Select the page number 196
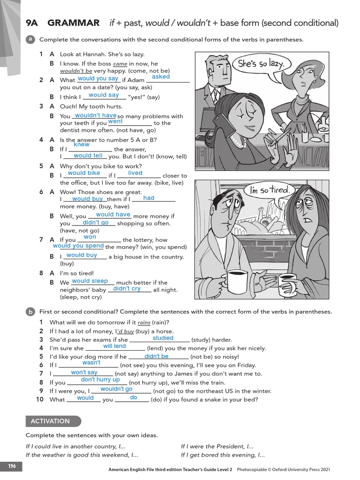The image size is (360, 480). (x=12, y=465)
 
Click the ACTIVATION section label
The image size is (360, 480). (x=50, y=421)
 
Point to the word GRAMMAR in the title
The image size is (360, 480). (x=74, y=23)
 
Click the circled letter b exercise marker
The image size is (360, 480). (x=30, y=312)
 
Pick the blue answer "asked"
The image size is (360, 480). (x=161, y=77)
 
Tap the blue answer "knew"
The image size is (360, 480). (x=82, y=145)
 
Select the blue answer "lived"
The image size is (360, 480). (x=135, y=173)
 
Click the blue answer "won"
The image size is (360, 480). (x=90, y=237)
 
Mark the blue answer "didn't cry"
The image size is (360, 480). (x=127, y=289)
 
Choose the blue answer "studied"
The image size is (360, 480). (x=163, y=338)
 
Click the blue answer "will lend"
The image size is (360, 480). (x=114, y=346)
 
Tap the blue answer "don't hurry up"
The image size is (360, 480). (x=100, y=380)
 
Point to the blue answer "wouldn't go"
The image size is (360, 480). (x=116, y=389)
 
